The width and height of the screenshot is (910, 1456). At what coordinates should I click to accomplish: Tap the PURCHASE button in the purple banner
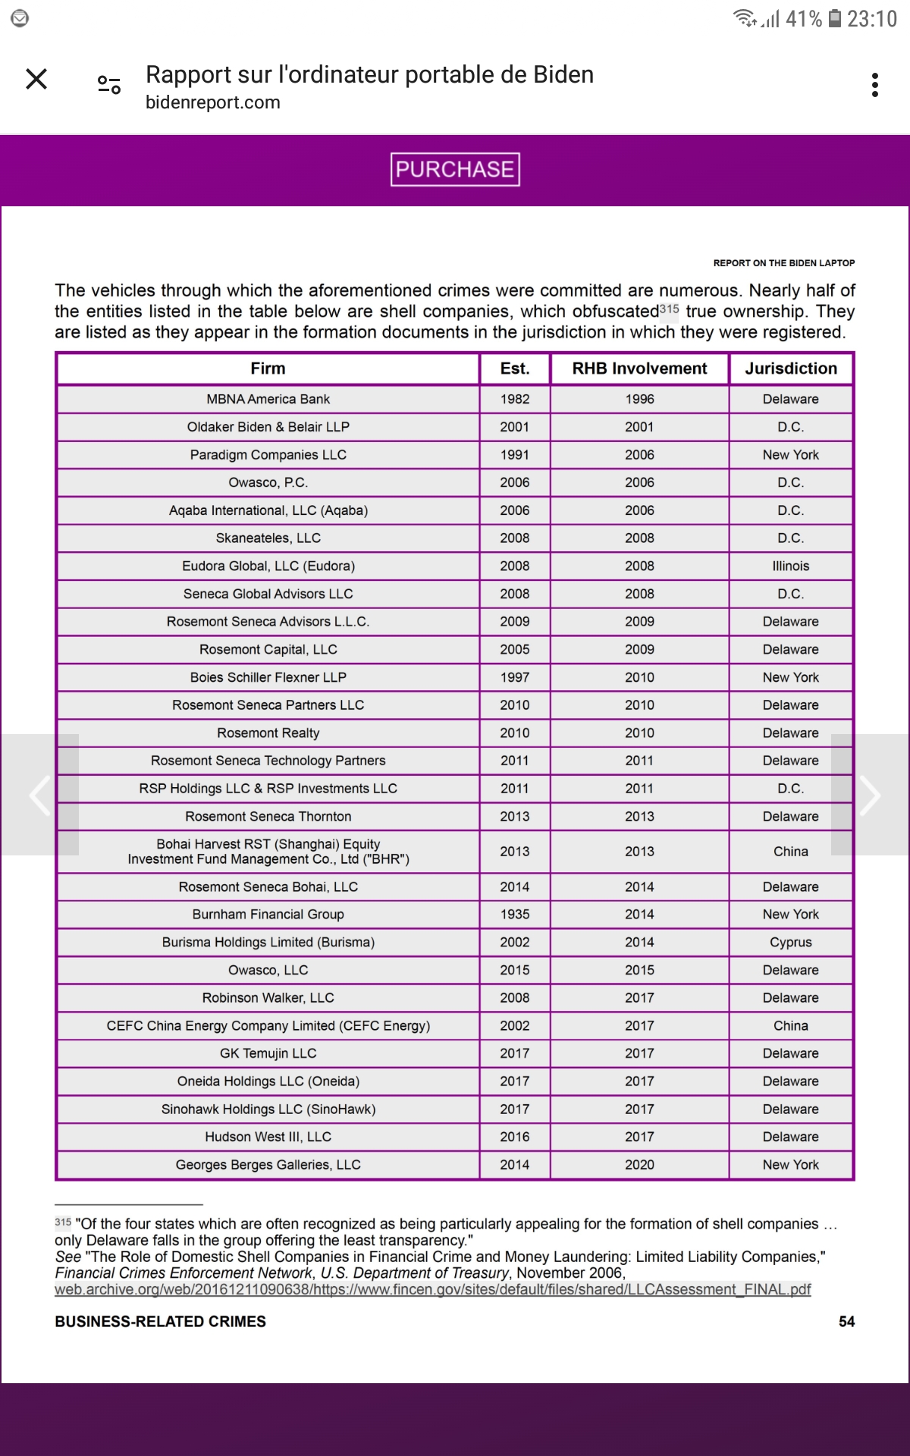click(455, 169)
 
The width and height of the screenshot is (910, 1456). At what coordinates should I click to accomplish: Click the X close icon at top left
click(36, 79)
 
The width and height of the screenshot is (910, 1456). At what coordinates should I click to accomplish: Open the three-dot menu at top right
click(875, 85)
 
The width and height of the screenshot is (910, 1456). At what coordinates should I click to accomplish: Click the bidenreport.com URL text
click(212, 102)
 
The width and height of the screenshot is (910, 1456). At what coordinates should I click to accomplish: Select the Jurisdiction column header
click(791, 369)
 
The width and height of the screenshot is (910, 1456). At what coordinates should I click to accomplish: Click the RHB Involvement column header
click(639, 369)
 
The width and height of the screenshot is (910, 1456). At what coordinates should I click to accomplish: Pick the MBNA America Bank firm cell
click(268, 399)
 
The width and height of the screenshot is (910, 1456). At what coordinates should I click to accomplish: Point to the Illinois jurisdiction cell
click(791, 566)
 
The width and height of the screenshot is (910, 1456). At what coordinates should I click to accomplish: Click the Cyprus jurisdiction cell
click(791, 942)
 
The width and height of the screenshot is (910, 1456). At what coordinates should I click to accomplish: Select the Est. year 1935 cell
click(515, 915)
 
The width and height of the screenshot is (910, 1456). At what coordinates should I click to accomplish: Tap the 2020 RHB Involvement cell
click(639, 1165)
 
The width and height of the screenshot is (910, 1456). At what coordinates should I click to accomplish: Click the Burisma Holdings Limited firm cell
click(268, 942)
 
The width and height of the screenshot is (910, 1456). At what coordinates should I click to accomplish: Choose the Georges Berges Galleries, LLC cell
click(268, 1165)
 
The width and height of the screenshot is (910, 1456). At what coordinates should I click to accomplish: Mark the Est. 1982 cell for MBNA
click(515, 399)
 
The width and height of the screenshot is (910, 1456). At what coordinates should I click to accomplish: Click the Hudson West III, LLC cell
click(268, 1137)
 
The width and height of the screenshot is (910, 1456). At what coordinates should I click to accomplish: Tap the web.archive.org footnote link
click(432, 1289)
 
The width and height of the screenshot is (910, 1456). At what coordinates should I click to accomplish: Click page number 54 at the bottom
click(846, 1322)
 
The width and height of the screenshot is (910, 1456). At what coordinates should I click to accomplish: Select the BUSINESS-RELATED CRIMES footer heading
click(160, 1322)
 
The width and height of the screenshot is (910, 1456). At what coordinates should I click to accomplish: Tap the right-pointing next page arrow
click(870, 795)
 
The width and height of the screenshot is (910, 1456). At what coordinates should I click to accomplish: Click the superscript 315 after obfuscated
click(669, 309)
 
